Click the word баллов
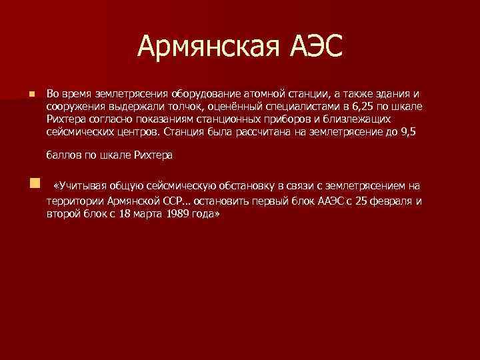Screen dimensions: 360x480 point(61,155)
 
